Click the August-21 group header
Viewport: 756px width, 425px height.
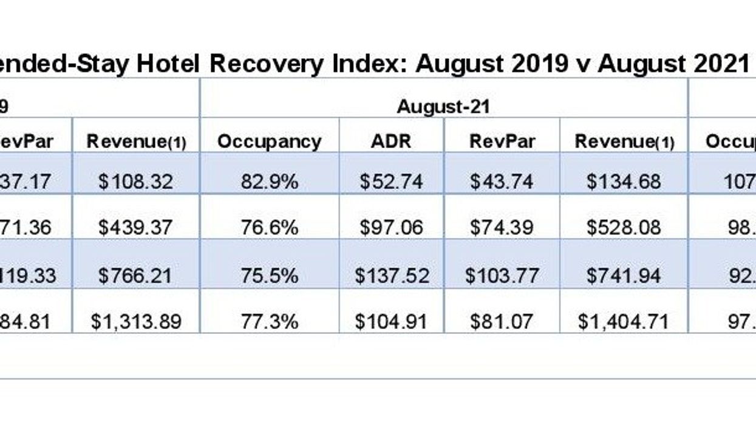[443, 107]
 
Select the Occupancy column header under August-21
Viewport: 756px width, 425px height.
[269, 141]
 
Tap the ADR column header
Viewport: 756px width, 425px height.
[391, 141]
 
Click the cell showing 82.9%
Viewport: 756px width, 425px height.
[269, 181]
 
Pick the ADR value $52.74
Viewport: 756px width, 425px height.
[391, 181]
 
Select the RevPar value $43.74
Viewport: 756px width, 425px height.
[502, 181]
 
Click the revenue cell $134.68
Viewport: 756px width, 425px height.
[623, 181]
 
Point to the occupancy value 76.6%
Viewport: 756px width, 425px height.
[269, 227]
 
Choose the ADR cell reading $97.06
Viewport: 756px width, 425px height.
[391, 227]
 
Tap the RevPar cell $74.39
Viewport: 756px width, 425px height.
[502, 227]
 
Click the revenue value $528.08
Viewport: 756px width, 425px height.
[623, 227]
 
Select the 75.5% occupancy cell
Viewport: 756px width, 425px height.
[269, 275]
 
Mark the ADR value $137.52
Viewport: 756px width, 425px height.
[392, 275]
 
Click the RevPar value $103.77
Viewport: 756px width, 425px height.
[502, 275]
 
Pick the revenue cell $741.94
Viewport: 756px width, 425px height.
[623, 275]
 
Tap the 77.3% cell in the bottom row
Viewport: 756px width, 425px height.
[269, 321]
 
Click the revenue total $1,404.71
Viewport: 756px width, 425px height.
[623, 321]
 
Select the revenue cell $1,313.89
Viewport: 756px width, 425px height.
[136, 321]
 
